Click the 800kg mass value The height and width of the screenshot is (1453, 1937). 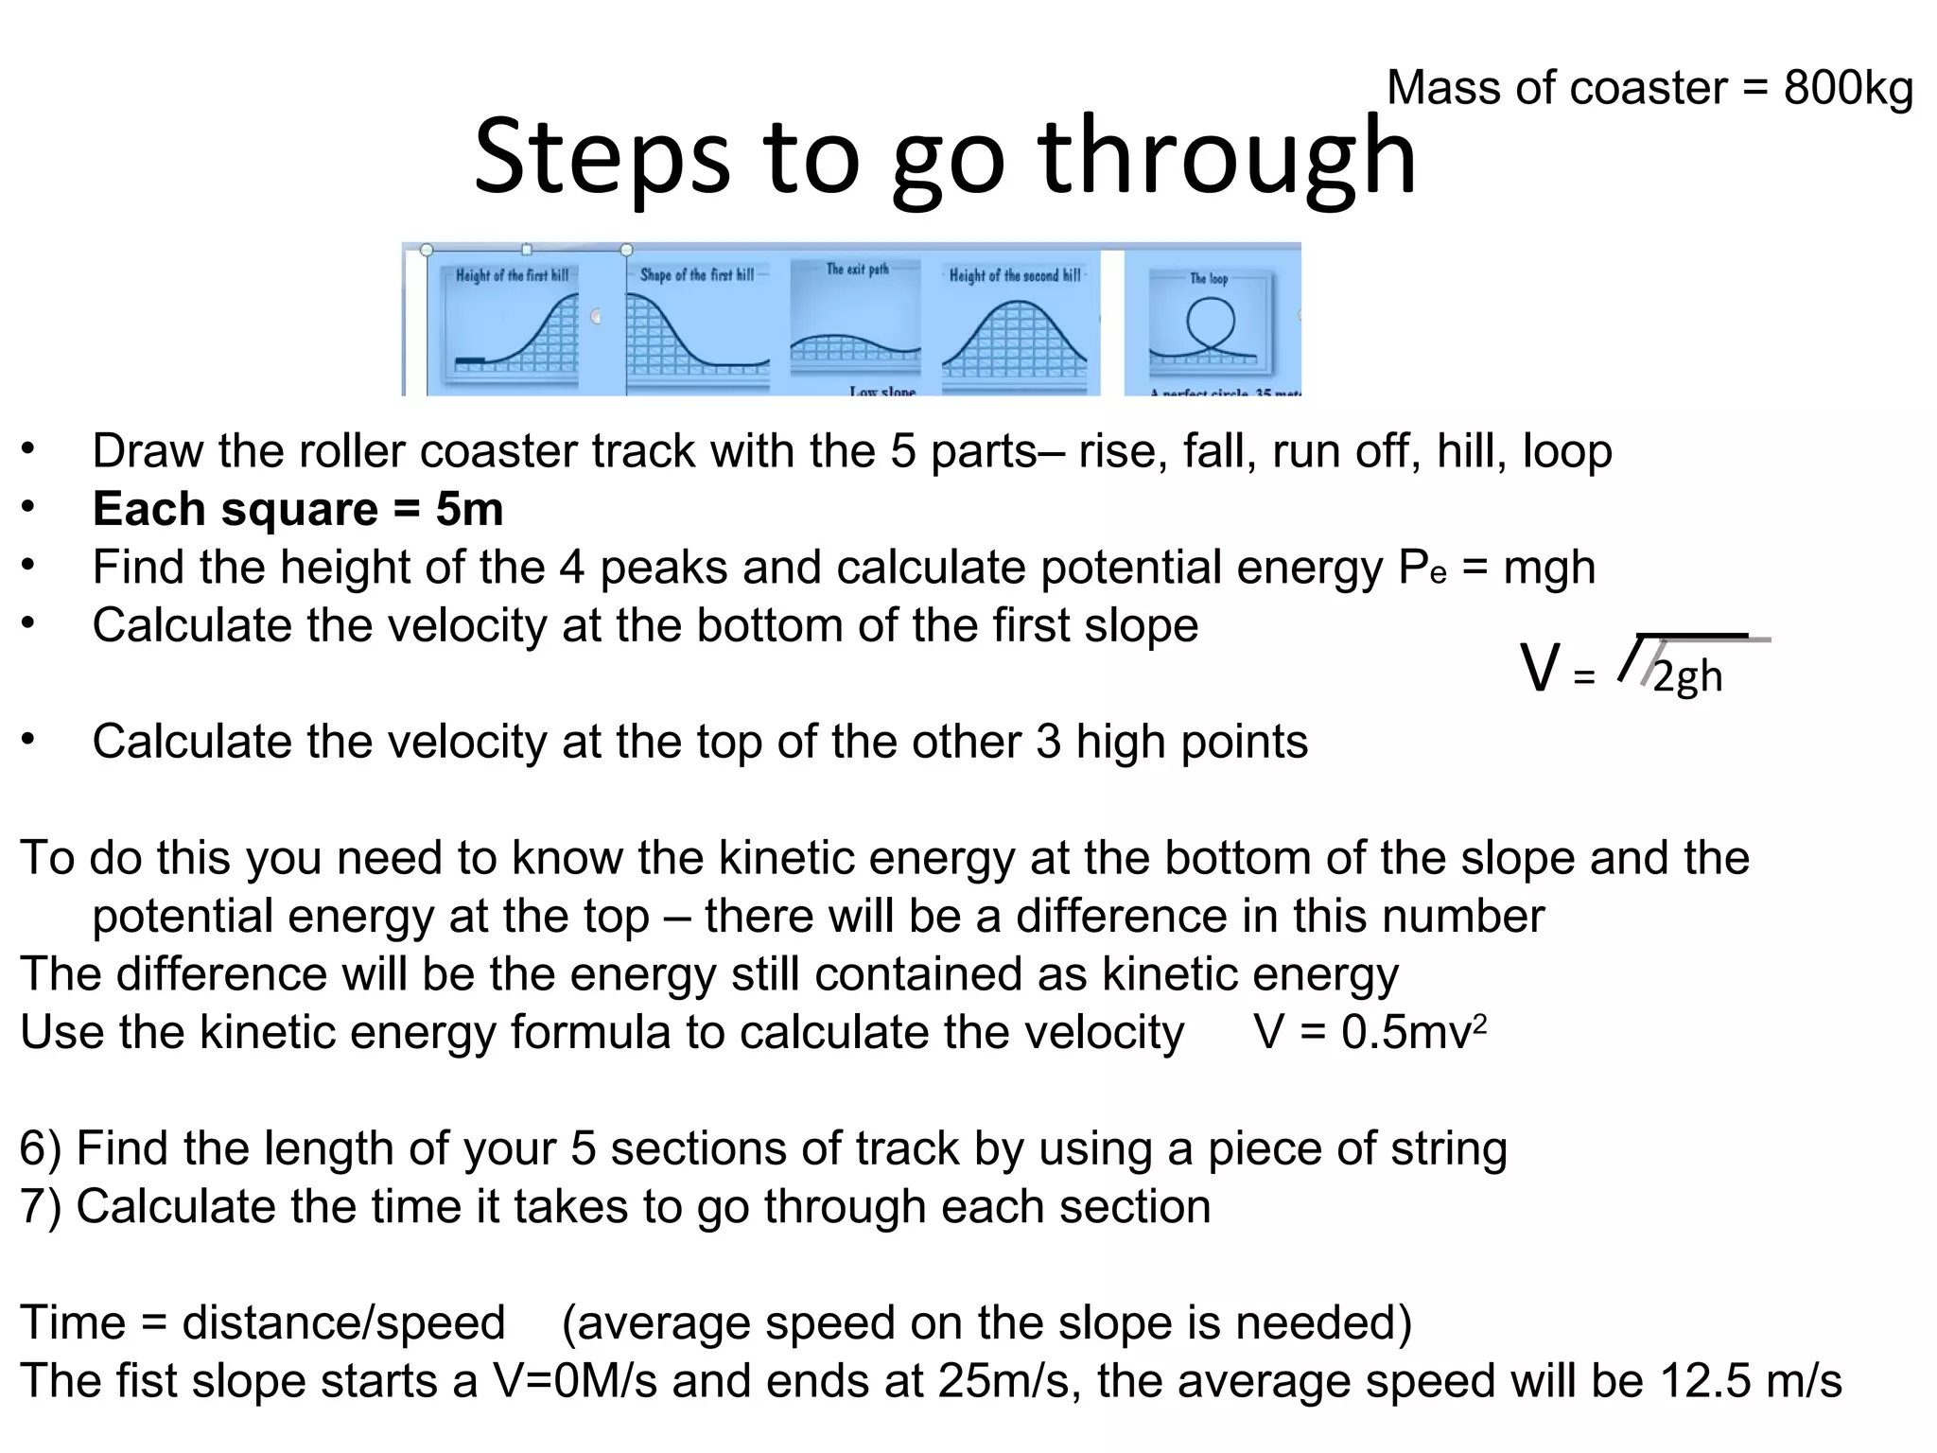click(1848, 89)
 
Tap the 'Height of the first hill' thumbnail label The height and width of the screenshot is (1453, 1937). click(512, 275)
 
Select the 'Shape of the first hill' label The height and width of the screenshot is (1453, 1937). click(697, 274)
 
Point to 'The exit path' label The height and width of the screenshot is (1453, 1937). click(858, 270)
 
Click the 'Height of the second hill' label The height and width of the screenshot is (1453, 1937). click(1015, 275)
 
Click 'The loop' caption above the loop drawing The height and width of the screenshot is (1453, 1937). click(1209, 279)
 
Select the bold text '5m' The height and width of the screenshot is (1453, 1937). click(469, 509)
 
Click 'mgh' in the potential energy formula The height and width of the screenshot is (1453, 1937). click(1549, 568)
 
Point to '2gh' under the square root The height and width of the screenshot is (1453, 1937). click(1687, 676)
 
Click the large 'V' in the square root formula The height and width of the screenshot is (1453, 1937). click(1539, 669)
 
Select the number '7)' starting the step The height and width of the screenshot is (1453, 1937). click(41, 1207)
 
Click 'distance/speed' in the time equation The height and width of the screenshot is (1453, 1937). click(343, 1322)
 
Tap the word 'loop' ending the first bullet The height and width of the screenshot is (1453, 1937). click(1566, 451)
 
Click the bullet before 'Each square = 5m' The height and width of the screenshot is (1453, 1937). click(29, 508)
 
